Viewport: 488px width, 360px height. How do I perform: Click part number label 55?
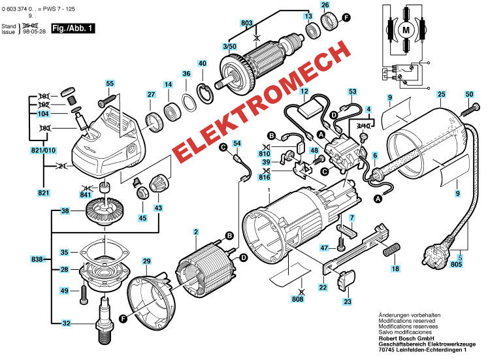tap(110, 84)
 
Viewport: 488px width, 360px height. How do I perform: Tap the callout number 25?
tap(441, 95)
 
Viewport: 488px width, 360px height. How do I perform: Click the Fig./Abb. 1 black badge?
tap(73, 28)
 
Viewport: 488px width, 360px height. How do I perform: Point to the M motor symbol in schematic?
tap(406, 29)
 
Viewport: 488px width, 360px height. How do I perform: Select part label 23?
tap(347, 301)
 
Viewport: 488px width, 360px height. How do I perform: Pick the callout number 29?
tap(147, 262)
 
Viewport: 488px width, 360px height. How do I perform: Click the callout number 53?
tap(352, 92)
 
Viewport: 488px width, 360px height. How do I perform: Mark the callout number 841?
tap(86, 195)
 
